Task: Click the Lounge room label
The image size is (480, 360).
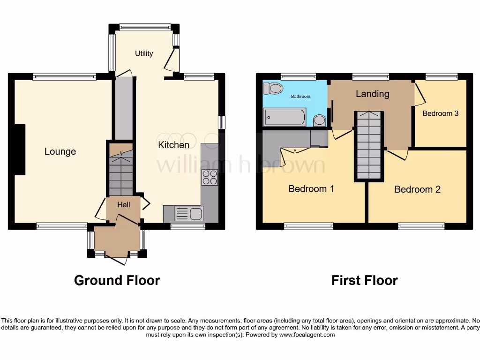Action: coord(60,151)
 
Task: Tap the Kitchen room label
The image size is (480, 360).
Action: coord(173,145)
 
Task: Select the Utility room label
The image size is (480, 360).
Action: coord(144,53)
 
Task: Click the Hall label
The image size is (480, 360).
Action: coord(123,205)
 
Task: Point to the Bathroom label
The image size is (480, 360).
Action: coord(300,97)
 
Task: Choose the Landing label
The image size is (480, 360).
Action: coord(372,94)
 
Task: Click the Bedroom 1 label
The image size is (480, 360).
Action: coord(311,189)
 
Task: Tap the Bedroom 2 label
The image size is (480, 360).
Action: coord(417,189)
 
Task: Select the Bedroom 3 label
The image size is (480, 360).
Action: coord(440,113)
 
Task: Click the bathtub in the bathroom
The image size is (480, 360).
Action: coord(285,117)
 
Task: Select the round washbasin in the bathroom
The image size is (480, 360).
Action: coord(320,120)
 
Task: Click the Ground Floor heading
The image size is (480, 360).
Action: coord(117,280)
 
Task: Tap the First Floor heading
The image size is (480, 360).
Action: coord(364,280)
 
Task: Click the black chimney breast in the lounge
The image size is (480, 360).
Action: coord(20,150)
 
